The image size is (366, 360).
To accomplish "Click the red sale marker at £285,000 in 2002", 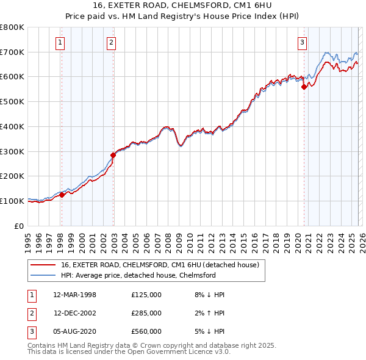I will [x=113, y=155].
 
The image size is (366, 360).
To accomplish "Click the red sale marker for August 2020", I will [x=304, y=87].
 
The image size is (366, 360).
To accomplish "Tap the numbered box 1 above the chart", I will [x=61, y=42].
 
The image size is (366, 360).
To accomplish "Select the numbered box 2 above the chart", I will [x=112, y=42].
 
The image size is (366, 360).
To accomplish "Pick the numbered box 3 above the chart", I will [x=302, y=42].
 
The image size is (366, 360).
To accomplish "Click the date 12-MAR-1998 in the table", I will [x=75, y=295].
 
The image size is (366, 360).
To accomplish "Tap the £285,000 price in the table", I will [x=146, y=313].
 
